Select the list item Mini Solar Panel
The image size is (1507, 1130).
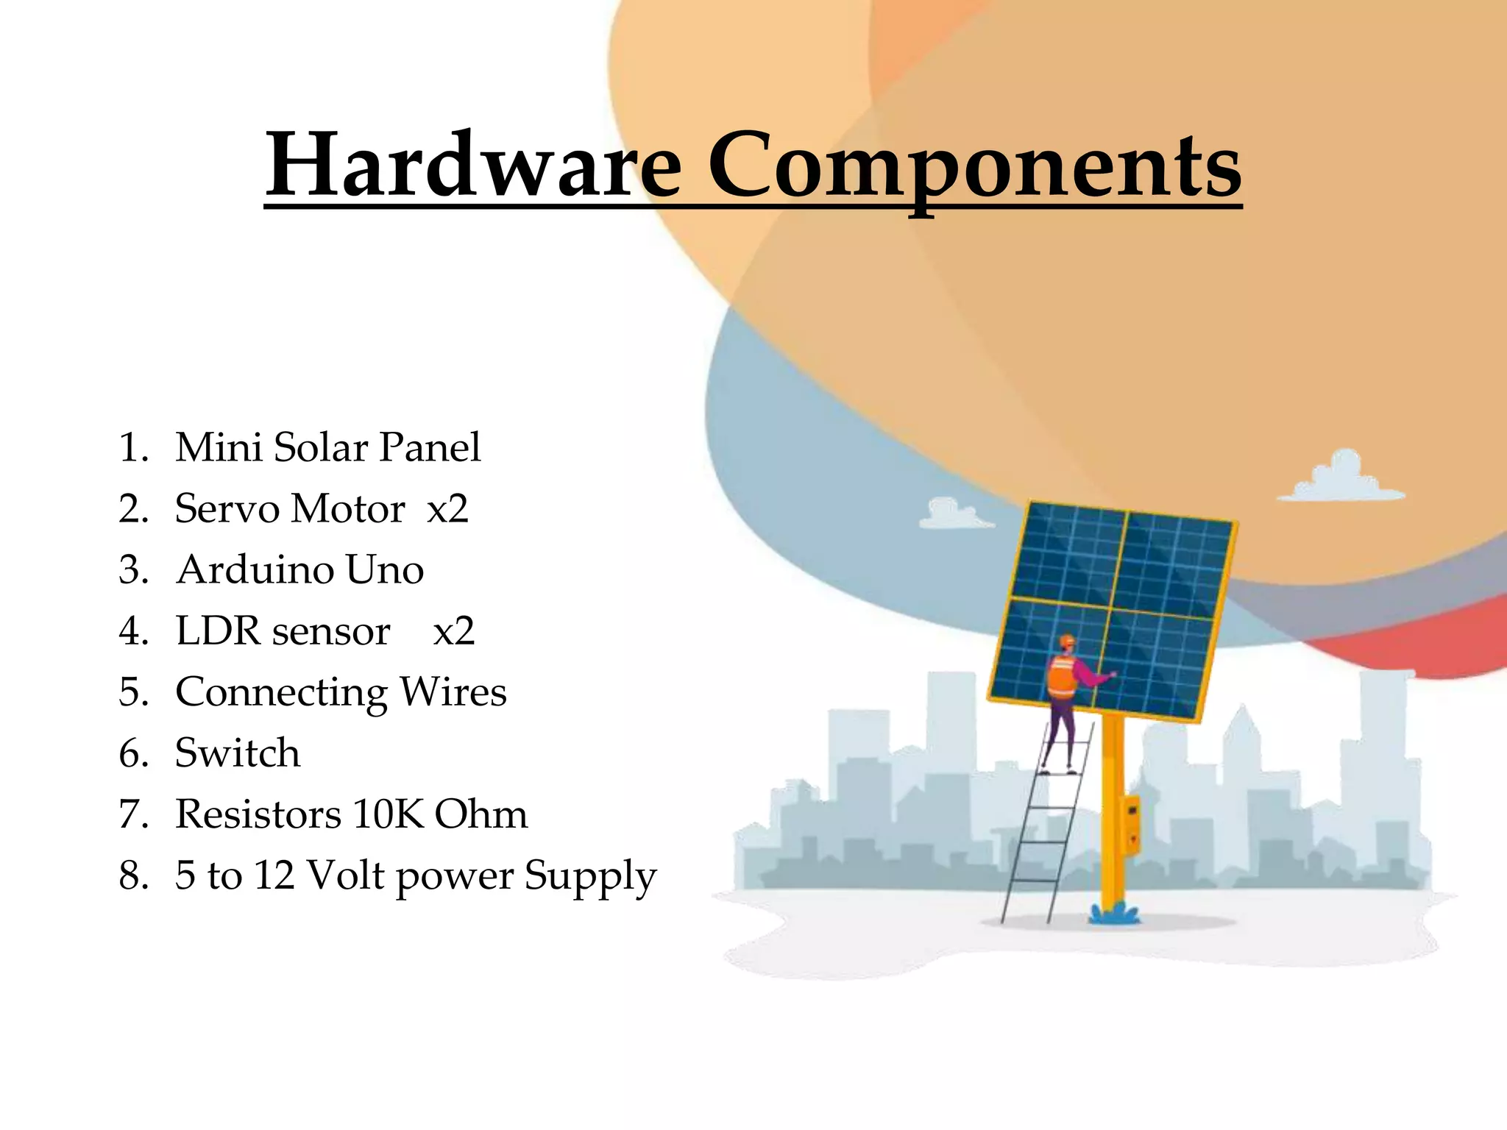coord(328,447)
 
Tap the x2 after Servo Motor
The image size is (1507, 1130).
coord(447,509)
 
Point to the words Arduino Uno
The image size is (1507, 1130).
coord(300,570)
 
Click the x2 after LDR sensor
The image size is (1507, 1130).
coord(453,631)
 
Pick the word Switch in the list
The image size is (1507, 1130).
coord(238,753)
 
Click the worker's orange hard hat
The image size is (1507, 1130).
coord(1067,642)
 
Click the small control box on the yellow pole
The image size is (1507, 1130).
coord(1132,824)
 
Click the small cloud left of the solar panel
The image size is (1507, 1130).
coord(955,514)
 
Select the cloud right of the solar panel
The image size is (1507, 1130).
coord(1341,479)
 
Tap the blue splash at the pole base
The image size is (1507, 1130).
coord(1113,914)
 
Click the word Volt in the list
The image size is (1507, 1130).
coord(345,876)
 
